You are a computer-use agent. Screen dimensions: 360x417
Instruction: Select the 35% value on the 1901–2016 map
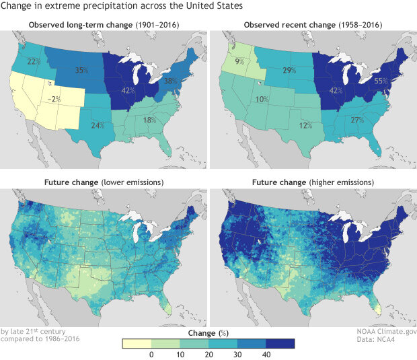point(83,70)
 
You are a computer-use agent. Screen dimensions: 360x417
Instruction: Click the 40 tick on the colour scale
point(266,353)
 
